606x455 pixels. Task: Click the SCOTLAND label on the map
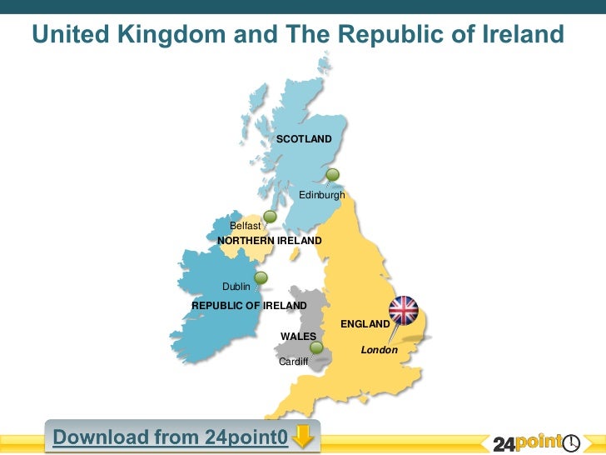[304, 138]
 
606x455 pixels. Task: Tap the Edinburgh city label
[321, 195]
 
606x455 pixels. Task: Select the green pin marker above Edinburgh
[333, 175]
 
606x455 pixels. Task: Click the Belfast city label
[246, 226]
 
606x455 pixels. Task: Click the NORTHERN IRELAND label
[269, 241]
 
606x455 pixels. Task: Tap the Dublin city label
[236, 287]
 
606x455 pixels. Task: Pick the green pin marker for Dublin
[261, 278]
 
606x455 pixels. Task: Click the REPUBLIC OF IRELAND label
[249, 306]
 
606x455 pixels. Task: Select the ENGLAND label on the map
[365, 323]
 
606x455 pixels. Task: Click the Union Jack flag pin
[405, 310]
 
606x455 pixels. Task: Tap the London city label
[379, 350]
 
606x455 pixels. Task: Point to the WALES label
[298, 336]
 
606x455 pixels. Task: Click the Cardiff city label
[293, 362]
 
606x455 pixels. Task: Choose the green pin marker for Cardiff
[316, 347]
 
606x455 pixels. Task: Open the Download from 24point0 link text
[171, 437]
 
